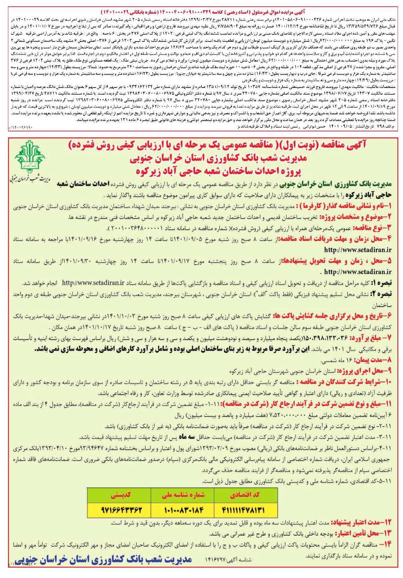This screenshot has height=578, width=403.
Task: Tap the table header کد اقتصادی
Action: [246, 495]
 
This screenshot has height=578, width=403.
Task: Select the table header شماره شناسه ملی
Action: [183, 495]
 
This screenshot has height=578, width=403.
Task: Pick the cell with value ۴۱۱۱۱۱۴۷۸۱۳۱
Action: [246, 510]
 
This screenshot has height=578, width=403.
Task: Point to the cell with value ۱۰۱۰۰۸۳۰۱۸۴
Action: [183, 510]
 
